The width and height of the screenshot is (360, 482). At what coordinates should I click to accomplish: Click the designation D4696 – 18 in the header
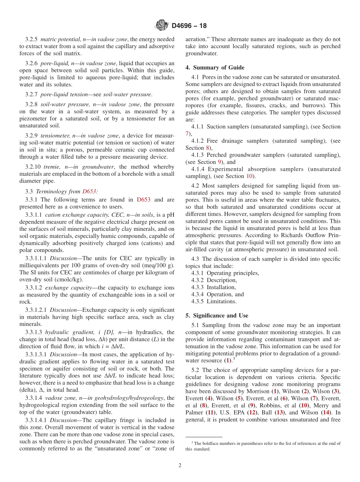[x=189, y=26]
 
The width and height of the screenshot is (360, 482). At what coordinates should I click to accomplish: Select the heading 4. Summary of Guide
[x=215, y=67]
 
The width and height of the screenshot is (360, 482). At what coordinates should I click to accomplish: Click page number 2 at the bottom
[x=180, y=465]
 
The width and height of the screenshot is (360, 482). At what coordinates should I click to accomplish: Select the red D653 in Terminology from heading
[x=89, y=191]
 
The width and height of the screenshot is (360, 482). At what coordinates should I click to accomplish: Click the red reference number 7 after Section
[x=187, y=134]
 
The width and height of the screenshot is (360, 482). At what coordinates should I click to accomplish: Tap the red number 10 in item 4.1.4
[x=249, y=176]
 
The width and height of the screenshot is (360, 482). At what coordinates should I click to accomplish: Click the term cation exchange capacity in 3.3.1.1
[x=71, y=214]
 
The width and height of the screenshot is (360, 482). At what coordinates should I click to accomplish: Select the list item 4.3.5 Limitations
[x=214, y=301]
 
